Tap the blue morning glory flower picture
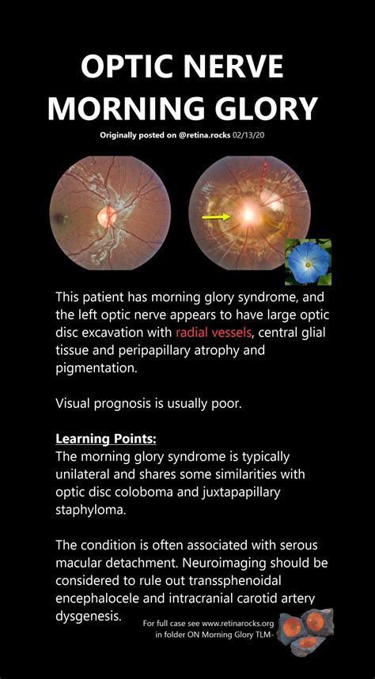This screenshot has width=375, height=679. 308,262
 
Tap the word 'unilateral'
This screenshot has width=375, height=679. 87,473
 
